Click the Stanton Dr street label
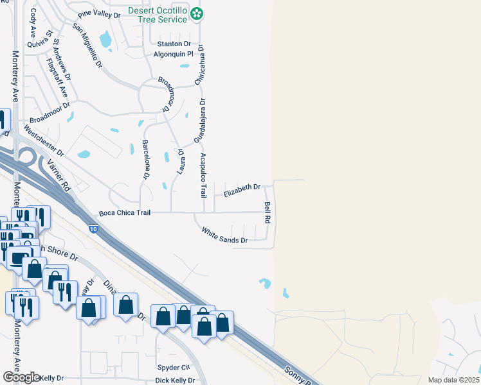(174, 44)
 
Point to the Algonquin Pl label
(173, 55)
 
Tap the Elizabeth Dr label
(241, 187)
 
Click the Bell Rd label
(268, 212)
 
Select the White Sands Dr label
(224, 235)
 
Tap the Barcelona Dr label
(146, 159)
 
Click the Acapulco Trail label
(203, 173)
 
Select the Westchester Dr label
(44, 141)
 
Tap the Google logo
(21, 377)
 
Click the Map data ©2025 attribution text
(453, 380)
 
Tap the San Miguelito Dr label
(87, 46)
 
